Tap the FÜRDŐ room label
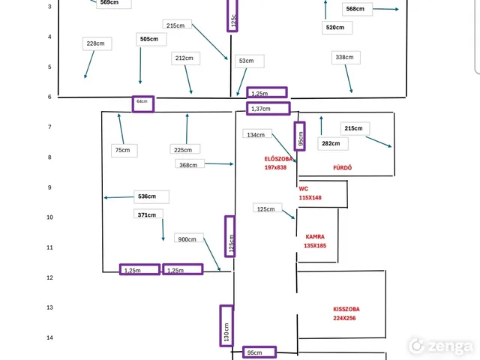coord(342,167)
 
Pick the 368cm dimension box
coord(189,164)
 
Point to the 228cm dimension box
coord(97,43)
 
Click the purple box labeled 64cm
coord(142,103)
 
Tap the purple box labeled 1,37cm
coord(268,109)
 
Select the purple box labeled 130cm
coord(226,325)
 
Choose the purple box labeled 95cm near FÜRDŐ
coord(300,136)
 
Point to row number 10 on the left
coord(49,217)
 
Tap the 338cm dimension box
coord(346,57)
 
